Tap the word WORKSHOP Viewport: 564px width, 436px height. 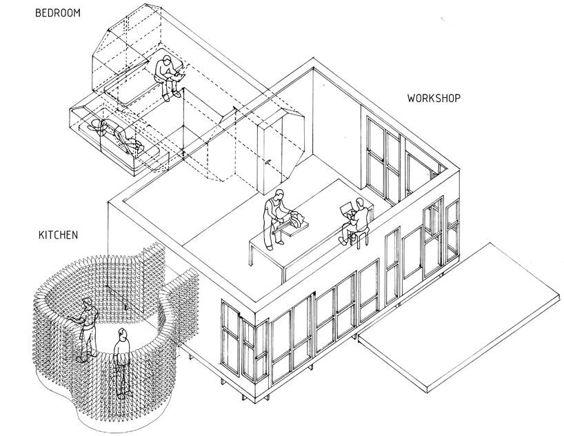click(434, 98)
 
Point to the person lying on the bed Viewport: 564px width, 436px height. click(117, 132)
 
